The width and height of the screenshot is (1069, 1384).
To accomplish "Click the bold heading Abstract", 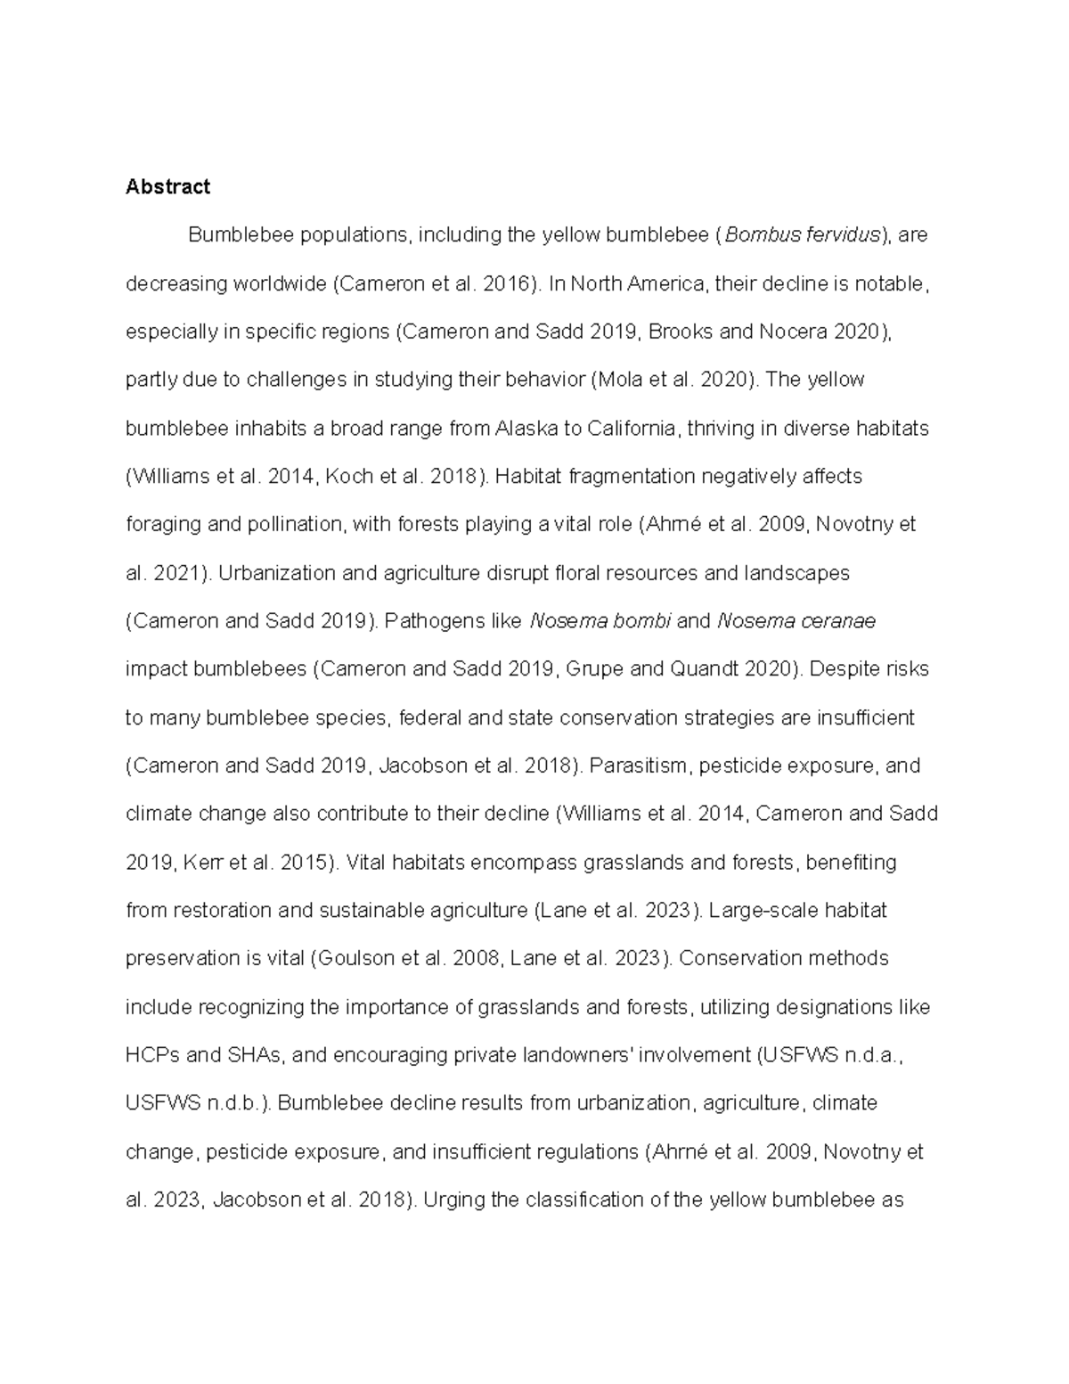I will [x=167, y=186].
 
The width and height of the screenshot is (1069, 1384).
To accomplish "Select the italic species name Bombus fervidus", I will [x=802, y=235].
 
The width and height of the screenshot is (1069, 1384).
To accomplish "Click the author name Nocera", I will [x=792, y=332].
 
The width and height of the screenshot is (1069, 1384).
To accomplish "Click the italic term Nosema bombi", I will [x=600, y=621].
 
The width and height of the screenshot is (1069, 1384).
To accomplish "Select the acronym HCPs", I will [x=152, y=1055].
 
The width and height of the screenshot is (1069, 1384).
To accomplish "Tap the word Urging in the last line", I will [x=453, y=1200].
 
